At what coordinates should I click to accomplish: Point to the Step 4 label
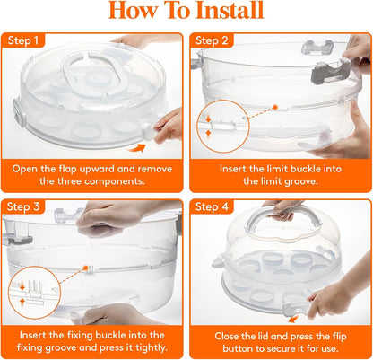[213, 207]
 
